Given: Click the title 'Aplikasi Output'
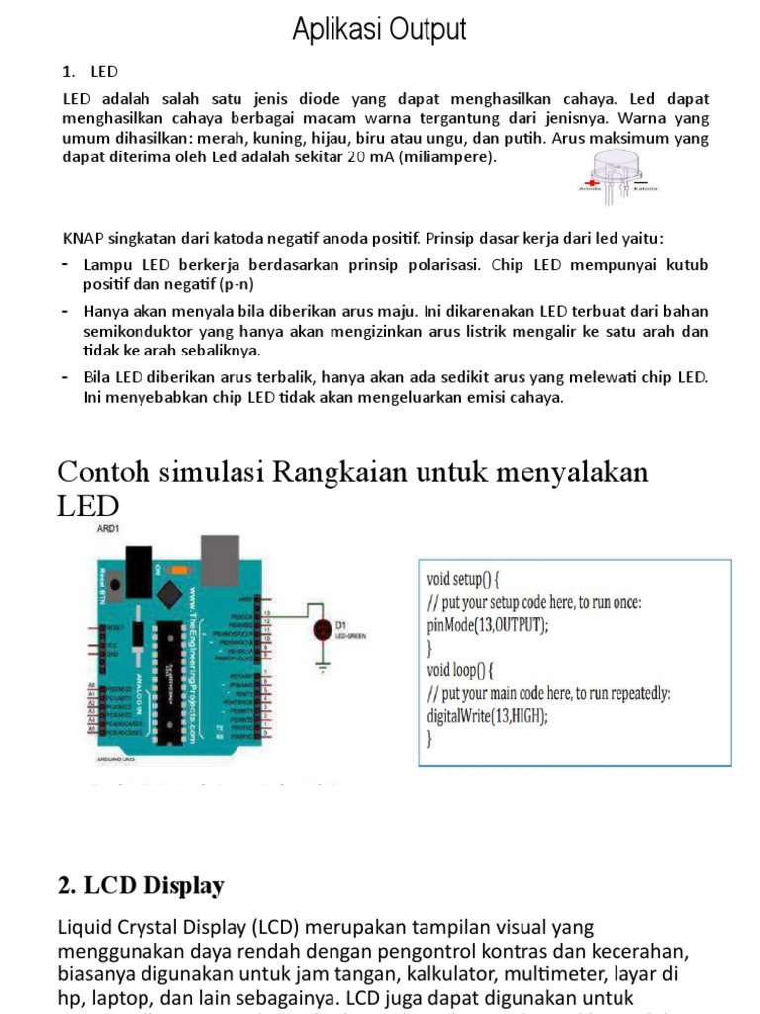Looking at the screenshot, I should click(379, 30).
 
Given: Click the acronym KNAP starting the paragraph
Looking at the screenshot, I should click(82, 238).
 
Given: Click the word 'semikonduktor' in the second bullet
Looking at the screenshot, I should click(133, 331).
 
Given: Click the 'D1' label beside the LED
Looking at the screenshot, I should click(341, 625).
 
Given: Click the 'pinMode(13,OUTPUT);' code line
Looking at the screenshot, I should click(487, 625).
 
